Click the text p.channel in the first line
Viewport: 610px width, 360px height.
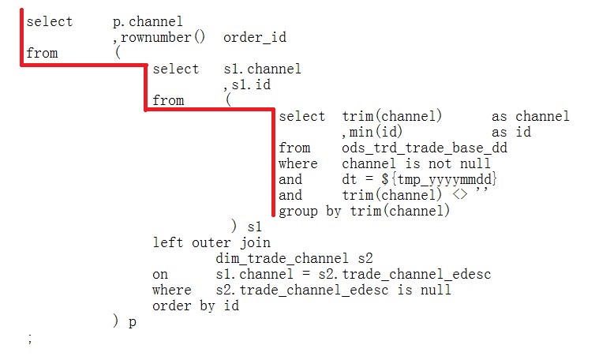148,21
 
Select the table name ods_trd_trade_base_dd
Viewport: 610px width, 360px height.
424,148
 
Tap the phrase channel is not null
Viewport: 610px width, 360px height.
407,163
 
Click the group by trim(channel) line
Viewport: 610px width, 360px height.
364,211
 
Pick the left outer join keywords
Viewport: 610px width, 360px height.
211,242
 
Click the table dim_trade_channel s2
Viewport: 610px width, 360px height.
294,258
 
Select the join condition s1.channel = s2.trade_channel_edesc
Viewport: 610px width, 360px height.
353,274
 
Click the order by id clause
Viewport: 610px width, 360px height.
195,306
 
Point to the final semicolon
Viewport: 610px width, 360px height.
29,338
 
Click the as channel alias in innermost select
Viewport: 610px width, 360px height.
530,116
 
